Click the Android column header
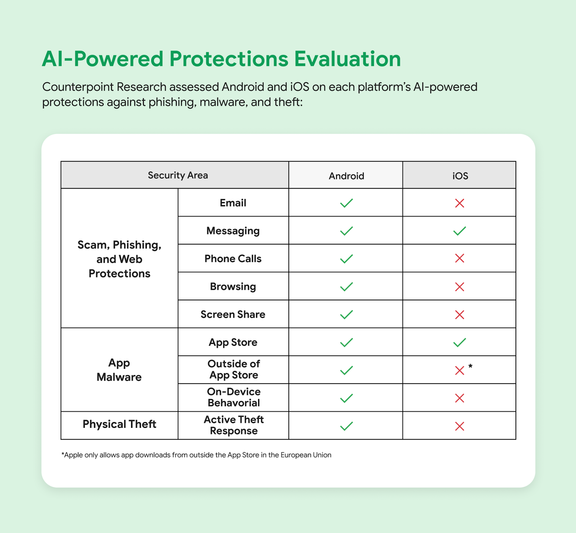(346, 176)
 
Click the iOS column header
(460, 176)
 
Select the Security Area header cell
(178, 175)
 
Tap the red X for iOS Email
(460, 203)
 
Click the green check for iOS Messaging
(460, 231)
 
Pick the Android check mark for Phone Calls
(346, 259)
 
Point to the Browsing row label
(233, 286)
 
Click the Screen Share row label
(233, 314)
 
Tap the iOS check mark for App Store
(460, 342)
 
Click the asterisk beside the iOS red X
(471, 366)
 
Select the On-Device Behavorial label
(234, 397)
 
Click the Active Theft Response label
(234, 425)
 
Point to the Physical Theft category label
(119, 424)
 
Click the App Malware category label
(119, 370)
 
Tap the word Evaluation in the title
(347, 59)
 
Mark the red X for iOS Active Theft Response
(460, 426)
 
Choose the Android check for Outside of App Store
(346, 370)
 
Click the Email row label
(233, 203)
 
